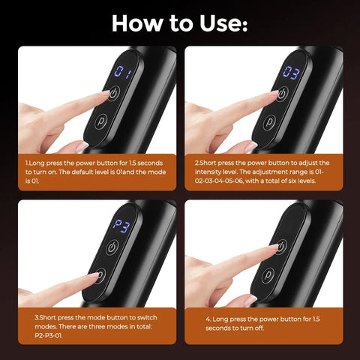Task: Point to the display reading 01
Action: pos(122,73)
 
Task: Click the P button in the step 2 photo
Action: pos(271,121)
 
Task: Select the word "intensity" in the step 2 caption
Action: pos(211,171)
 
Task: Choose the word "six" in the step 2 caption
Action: pos(308,180)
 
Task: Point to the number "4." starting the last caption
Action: pos(208,319)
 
